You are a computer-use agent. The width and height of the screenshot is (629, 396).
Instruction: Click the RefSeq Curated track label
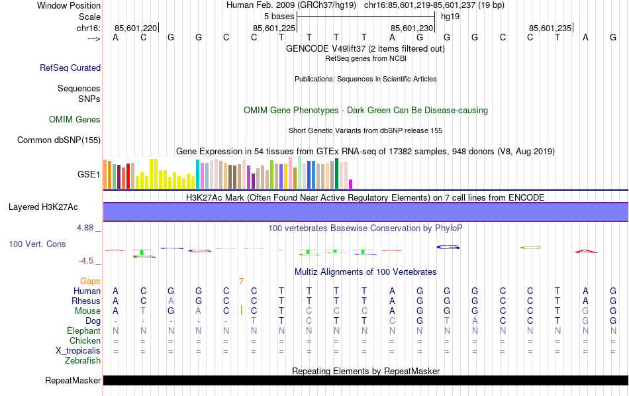[x=70, y=68]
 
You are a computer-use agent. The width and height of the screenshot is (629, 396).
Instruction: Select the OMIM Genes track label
[x=75, y=120]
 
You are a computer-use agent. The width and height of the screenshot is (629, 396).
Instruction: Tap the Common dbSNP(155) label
[x=59, y=140]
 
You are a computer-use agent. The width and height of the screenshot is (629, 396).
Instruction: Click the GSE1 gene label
[x=89, y=175]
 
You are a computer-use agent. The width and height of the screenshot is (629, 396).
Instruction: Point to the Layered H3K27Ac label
[x=43, y=207]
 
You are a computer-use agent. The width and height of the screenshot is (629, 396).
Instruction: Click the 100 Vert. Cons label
[x=37, y=244]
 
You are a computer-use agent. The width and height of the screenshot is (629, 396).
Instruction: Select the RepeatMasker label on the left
[x=73, y=381]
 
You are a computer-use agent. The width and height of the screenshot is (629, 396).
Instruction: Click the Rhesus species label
[x=85, y=301]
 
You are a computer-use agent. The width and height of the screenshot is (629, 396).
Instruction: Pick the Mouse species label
[x=87, y=311]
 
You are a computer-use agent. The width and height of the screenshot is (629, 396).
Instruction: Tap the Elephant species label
[x=83, y=330]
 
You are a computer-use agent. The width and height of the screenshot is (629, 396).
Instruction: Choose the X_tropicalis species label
[x=78, y=350]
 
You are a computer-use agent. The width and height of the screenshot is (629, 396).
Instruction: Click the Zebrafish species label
[x=83, y=361]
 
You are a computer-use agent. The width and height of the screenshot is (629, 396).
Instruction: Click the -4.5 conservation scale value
[x=88, y=261]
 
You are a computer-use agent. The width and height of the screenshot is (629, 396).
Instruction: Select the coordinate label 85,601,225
[x=274, y=28]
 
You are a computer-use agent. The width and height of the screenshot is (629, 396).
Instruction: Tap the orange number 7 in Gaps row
[x=242, y=281]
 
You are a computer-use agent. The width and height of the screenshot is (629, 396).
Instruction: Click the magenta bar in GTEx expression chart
[x=351, y=184]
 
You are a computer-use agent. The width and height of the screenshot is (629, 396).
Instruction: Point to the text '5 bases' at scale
[x=279, y=16]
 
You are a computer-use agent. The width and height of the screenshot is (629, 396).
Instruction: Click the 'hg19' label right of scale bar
[x=450, y=16]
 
